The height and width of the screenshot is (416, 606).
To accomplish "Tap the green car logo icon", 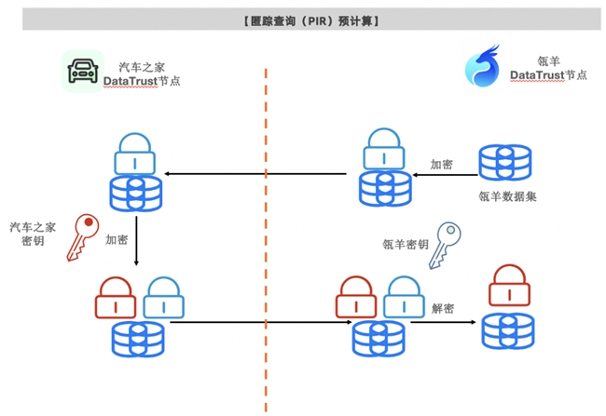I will [x=81, y=71].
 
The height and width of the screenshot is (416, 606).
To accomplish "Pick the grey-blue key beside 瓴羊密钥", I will [x=445, y=244].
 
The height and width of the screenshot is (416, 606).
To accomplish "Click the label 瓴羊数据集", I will [x=506, y=196].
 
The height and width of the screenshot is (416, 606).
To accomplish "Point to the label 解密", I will [x=443, y=308].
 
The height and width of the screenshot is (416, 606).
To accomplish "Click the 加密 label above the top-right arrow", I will [x=441, y=164].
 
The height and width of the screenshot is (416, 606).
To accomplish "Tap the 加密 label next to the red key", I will [x=117, y=239].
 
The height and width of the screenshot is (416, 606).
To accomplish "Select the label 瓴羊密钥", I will [x=406, y=245].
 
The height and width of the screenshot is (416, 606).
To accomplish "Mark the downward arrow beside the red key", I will [x=137, y=241].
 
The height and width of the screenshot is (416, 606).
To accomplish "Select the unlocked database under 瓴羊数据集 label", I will [x=504, y=161].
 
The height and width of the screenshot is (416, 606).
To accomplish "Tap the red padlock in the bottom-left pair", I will [x=116, y=297].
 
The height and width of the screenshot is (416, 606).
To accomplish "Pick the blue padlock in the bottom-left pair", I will [x=163, y=297].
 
